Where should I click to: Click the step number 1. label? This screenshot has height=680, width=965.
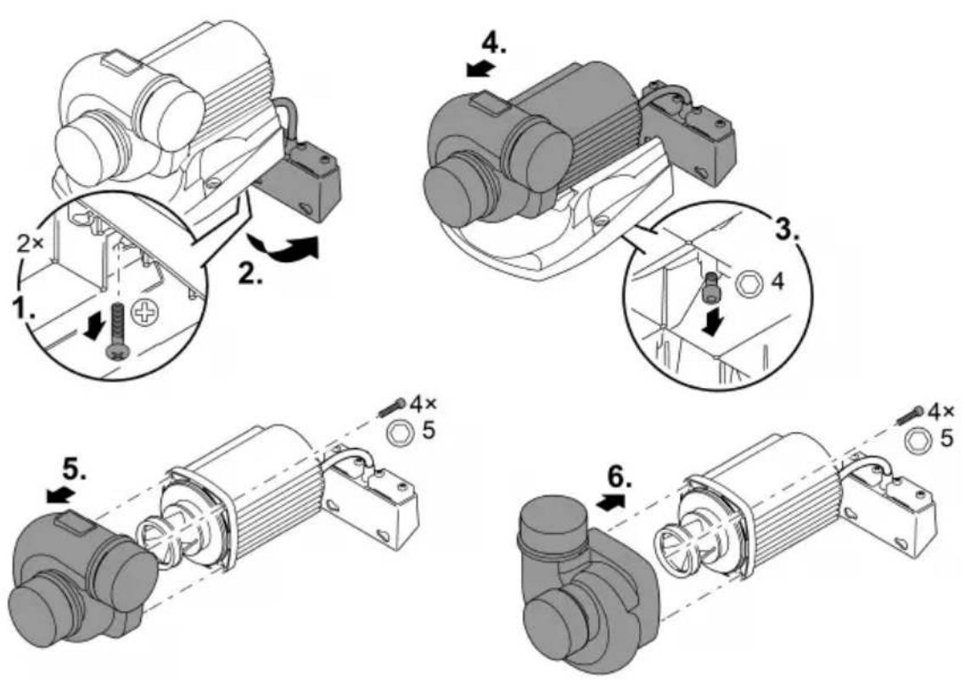25,307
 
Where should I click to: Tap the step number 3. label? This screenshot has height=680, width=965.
787,228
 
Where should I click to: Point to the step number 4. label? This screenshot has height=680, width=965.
494,42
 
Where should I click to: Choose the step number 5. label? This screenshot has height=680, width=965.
75,471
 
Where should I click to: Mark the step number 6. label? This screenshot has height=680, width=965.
619,476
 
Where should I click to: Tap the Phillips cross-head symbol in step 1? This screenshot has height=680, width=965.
146,312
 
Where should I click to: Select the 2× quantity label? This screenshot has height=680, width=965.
31,244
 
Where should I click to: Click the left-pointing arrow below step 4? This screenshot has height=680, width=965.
480,69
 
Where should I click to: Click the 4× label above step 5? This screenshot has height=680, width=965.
423,404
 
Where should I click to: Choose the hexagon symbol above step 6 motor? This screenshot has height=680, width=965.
916,439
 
